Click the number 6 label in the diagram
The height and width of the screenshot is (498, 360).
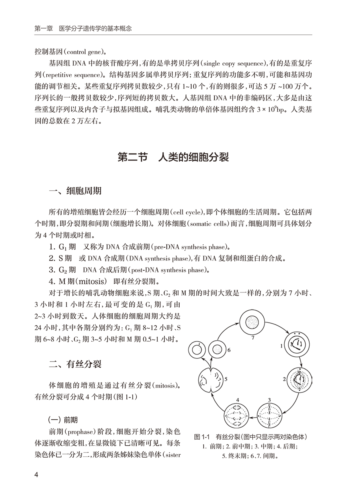pyautogui.click(x=229, y=350)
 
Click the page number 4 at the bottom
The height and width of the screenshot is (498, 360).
pyautogui.click(x=36, y=475)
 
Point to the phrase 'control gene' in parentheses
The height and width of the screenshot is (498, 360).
pyautogui.click(x=85, y=52)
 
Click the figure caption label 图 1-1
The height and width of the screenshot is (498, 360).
pyautogui.click(x=202, y=436)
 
